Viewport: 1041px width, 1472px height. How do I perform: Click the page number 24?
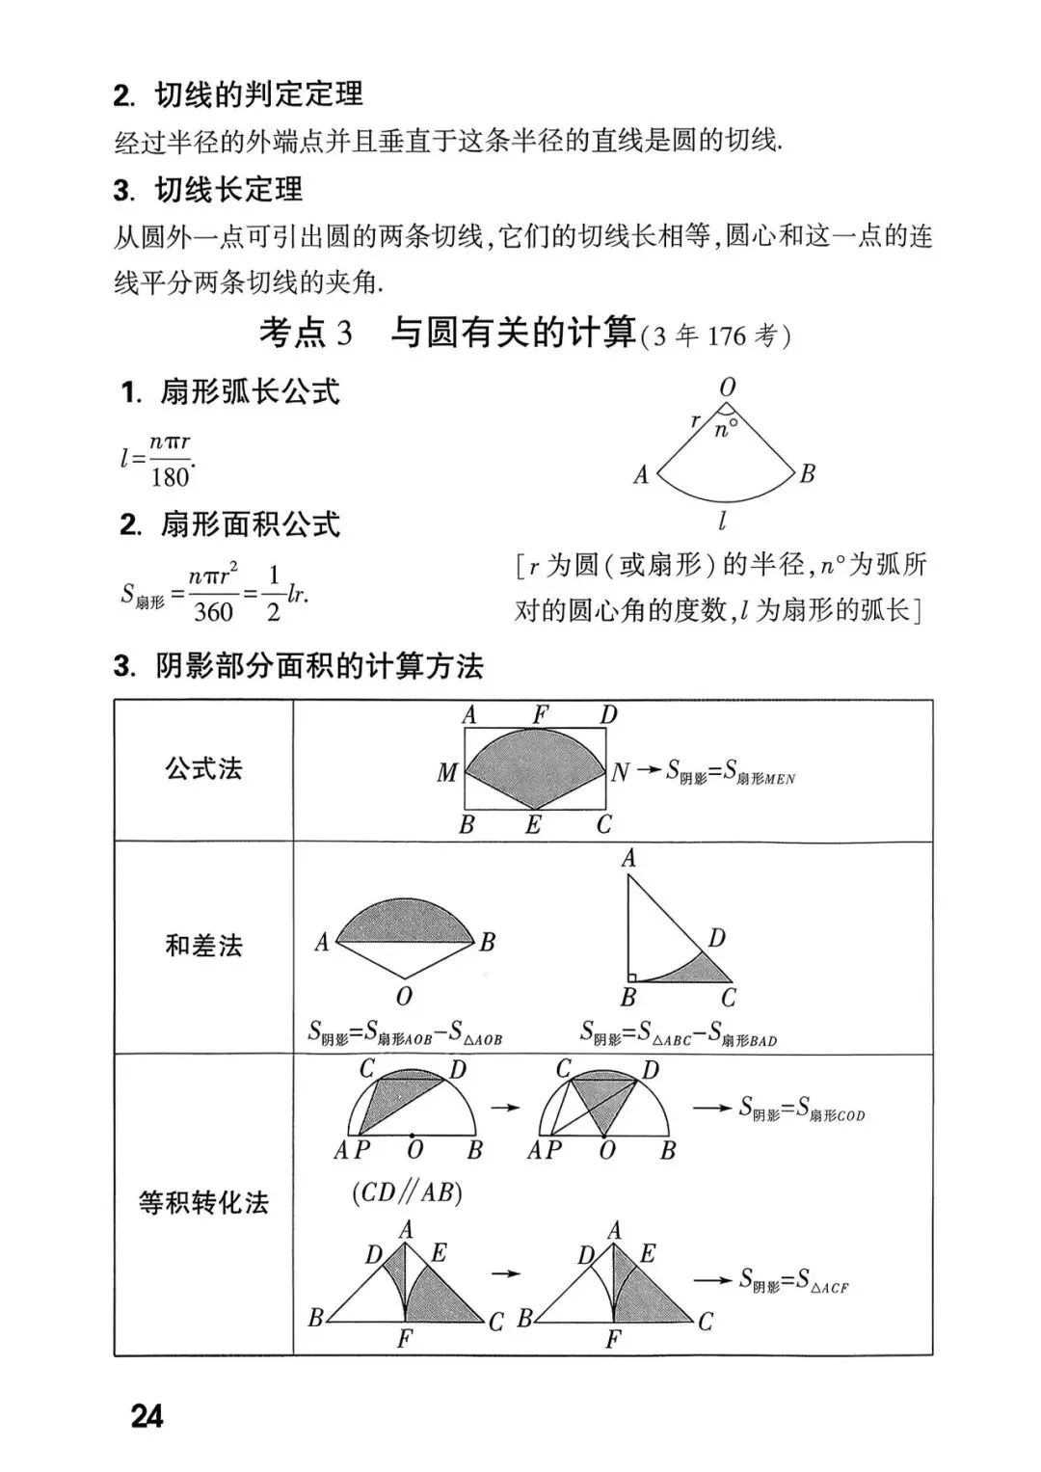coord(147,1416)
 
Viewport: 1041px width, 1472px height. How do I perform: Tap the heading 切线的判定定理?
coord(258,94)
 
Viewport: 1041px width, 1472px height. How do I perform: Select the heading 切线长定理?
coord(228,189)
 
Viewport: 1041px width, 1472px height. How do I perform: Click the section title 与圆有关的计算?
coord(513,333)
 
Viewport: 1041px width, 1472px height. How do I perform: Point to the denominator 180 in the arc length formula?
coord(170,476)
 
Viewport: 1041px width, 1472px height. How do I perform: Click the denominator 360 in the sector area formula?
coord(213,611)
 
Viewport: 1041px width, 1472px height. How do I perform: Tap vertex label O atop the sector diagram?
coord(728,388)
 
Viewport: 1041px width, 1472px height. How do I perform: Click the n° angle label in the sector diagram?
coord(726,429)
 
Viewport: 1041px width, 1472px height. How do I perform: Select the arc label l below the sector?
coord(722,522)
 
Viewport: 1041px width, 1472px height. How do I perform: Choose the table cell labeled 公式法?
coord(203,768)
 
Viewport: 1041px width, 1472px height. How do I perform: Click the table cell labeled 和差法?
coord(203,946)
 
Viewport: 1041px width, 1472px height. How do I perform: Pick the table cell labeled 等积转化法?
coord(203,1202)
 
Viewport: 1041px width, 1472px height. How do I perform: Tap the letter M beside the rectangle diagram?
coord(446,772)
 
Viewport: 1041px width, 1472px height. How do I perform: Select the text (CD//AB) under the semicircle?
coord(407,1193)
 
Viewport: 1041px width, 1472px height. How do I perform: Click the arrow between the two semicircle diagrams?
coord(505,1108)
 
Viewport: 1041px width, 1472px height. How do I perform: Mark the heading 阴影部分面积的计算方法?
coord(319,666)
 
